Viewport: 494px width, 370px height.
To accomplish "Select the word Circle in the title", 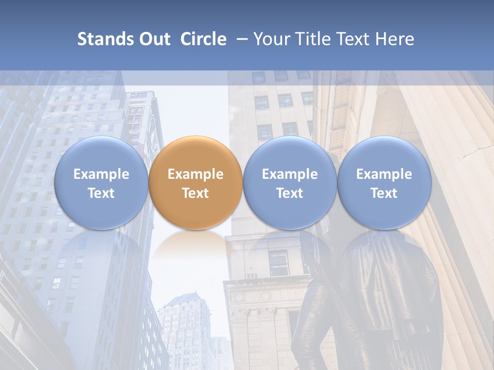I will click(x=203, y=39).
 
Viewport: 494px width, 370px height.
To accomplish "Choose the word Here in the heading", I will click(x=395, y=39).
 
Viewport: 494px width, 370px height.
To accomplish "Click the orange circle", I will click(x=196, y=182).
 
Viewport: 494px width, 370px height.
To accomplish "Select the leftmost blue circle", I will click(x=101, y=182).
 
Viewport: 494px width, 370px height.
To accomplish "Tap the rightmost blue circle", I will click(x=384, y=182).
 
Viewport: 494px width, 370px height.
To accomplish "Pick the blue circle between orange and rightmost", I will click(x=290, y=182).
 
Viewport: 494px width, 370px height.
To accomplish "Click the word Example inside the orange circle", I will click(x=196, y=174).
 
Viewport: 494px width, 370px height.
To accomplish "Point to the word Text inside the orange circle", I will click(x=196, y=193).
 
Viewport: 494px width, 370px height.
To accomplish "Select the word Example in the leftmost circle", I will click(x=101, y=174).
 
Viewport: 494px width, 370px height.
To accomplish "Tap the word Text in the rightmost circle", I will click(x=384, y=193).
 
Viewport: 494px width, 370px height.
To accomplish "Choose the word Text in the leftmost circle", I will click(x=101, y=193).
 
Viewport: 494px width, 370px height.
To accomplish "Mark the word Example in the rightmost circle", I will click(x=384, y=174).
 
